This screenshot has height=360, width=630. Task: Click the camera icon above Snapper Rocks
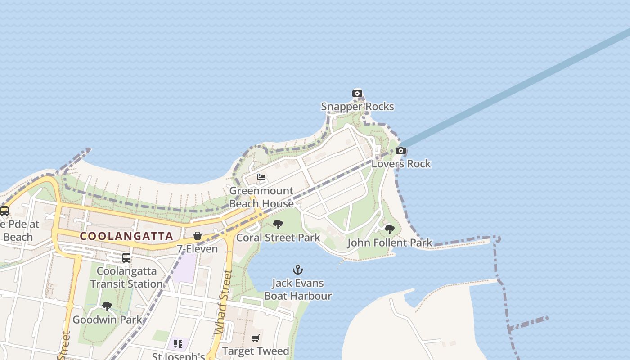point(357,94)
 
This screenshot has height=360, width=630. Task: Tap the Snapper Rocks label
point(357,107)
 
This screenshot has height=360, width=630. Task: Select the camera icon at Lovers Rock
point(401,151)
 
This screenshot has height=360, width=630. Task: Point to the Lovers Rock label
point(401,164)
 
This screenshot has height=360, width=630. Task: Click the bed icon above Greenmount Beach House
point(261,177)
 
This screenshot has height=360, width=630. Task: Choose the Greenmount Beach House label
point(261,197)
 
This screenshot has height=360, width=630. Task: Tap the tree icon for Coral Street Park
point(278,224)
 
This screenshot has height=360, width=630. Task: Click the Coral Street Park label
point(278,238)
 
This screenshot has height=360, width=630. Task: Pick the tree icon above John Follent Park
point(390,229)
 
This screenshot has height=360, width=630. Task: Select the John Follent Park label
point(390,243)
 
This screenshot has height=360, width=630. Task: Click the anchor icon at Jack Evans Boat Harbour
point(298,270)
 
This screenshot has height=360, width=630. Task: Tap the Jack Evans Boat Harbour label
point(298,289)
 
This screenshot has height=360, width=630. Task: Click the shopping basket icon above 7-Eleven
point(197,236)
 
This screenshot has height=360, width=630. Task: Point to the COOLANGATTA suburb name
point(126,236)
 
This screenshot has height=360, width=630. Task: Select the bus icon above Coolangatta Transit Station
point(126,258)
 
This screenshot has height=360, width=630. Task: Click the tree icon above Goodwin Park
point(107,306)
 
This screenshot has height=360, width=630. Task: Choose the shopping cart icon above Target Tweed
point(256,338)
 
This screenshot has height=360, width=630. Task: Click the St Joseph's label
point(178,356)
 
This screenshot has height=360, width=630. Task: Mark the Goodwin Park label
point(107,320)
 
